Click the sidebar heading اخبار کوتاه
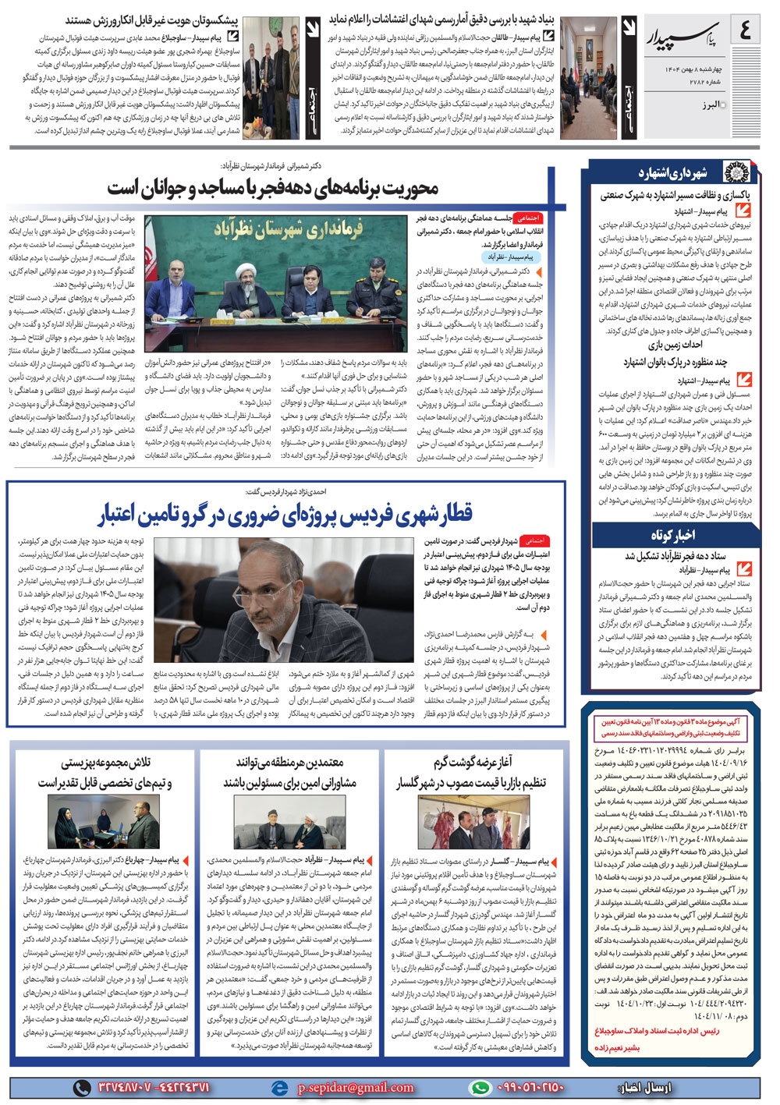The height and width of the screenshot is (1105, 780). pyautogui.click(x=672, y=535)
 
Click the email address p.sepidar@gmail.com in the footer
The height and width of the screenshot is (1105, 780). pyautogui.click(x=356, y=1087)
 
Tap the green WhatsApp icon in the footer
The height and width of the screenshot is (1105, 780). pyautogui.click(x=479, y=1087)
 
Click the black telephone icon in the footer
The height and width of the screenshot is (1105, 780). pyautogui.click(x=81, y=1087)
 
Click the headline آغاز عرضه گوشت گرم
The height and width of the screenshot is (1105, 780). pyautogui.click(x=473, y=761)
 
